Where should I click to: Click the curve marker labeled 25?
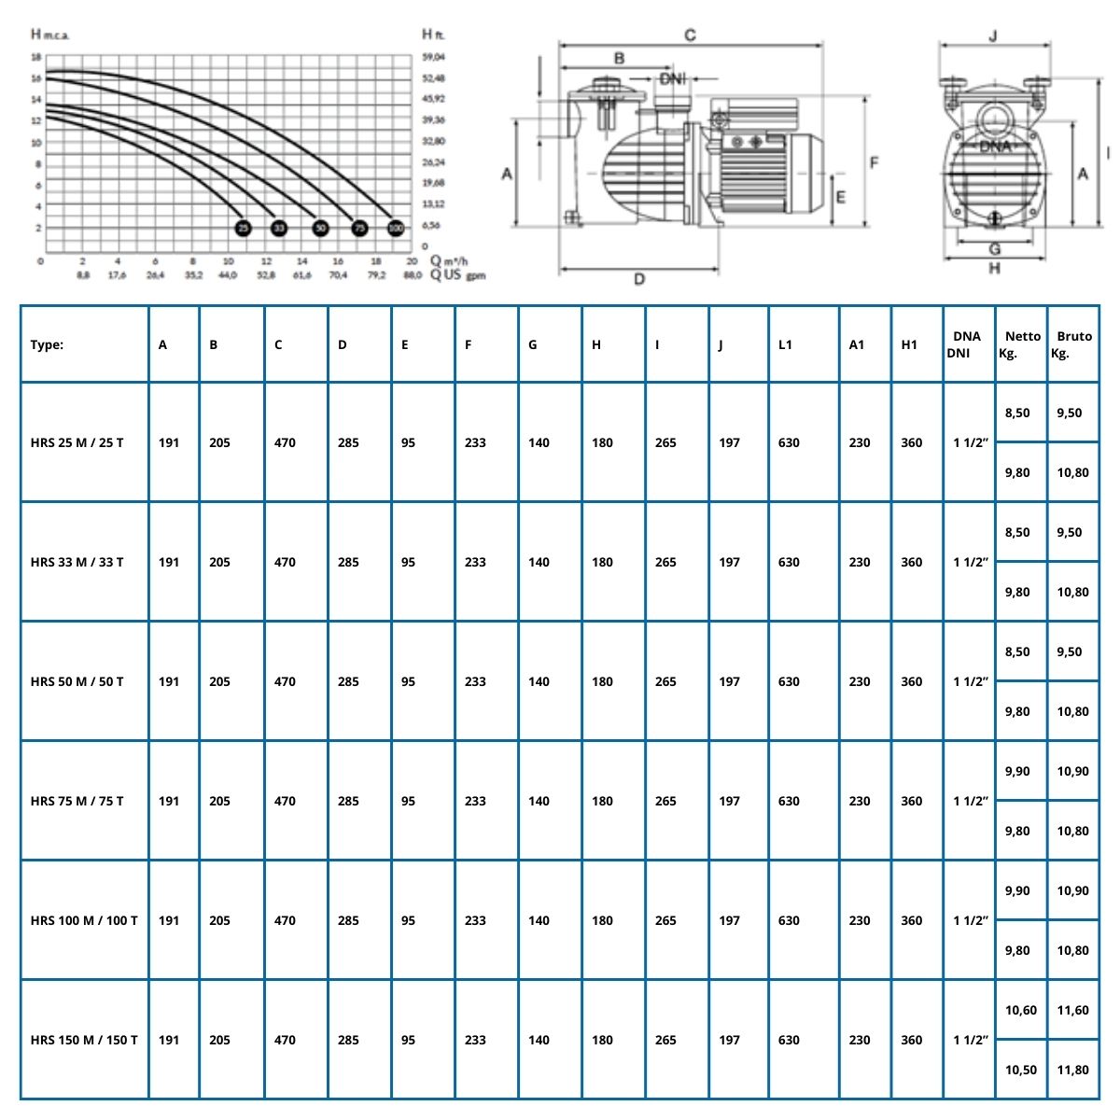pos(243,228)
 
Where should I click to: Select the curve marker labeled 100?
pos(396,228)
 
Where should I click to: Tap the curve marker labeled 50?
pos(320,228)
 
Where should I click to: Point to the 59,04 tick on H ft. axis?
pos(433,57)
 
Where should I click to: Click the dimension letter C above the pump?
pos(690,35)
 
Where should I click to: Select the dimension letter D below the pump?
pos(639,278)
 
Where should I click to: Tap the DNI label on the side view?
pos(672,79)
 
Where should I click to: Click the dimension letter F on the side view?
pos(875,162)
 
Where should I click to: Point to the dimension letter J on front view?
pos(993,36)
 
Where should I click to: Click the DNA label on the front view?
pos(995,147)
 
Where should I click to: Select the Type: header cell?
pos(48,344)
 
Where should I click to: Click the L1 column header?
pos(785,344)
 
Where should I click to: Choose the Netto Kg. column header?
pos(1021,344)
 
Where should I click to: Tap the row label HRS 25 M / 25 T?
pos(77,442)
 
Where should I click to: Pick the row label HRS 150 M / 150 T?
pos(84,1040)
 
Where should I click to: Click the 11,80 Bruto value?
pos(1073,1070)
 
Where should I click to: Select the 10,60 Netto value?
pos(1020,1010)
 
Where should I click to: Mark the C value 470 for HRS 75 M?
pos(285,801)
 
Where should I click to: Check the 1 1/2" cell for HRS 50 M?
pos(970,681)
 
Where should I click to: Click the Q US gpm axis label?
pos(458,276)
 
